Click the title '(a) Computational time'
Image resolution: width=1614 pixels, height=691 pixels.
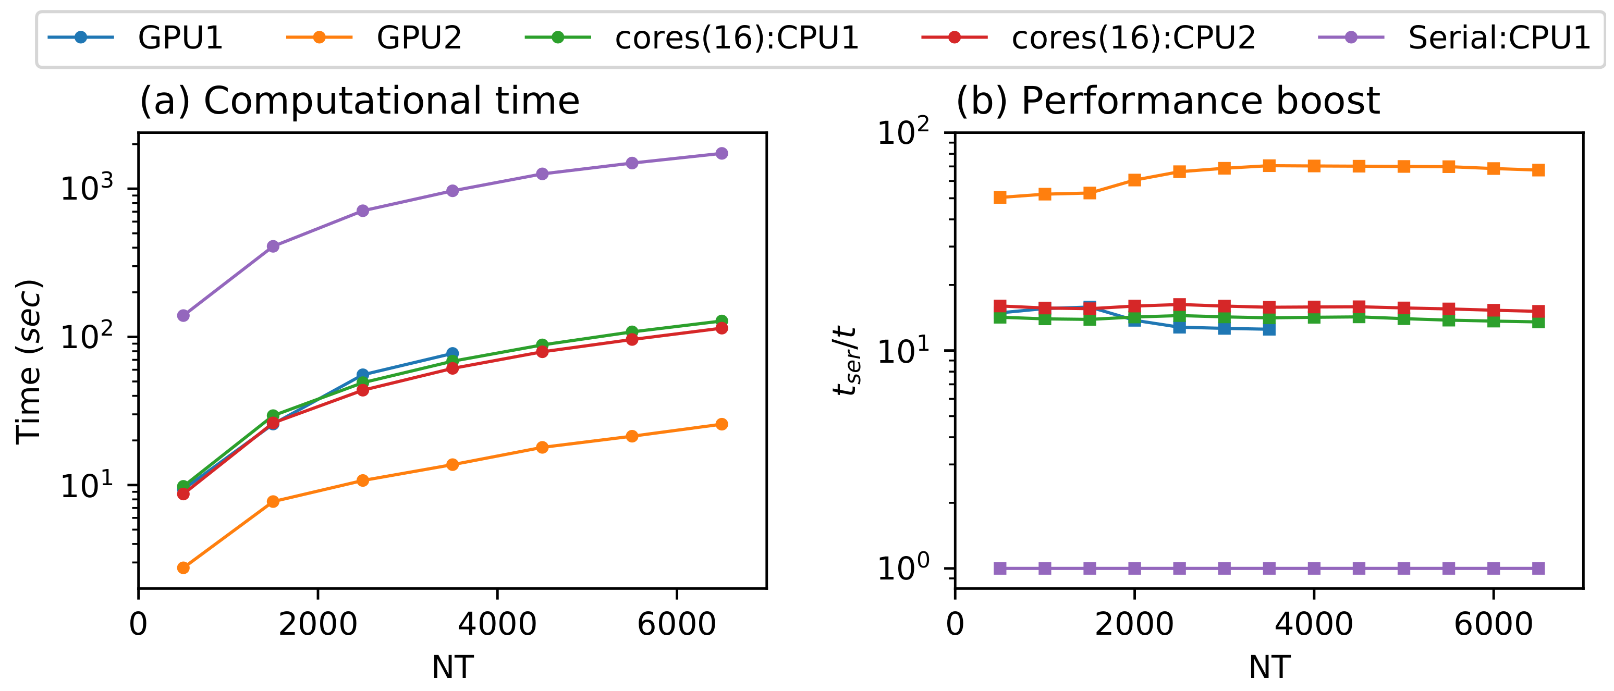coord(359,101)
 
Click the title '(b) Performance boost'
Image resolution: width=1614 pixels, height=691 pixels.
coord(1167,101)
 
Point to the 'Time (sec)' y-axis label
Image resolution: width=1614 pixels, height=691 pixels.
coord(29,362)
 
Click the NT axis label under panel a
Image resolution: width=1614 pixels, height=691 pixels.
coord(453,667)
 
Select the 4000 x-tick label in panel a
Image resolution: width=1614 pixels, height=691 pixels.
coord(497,625)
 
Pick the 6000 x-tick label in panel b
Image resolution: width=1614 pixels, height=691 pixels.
coord(1493,625)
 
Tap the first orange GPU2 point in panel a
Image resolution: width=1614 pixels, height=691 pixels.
coord(183,567)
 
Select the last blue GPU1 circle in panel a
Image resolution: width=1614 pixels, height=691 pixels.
coord(453,353)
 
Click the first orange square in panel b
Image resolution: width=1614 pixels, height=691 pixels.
coord(1000,198)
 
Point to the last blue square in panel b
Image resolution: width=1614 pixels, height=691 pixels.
coord(1269,329)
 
